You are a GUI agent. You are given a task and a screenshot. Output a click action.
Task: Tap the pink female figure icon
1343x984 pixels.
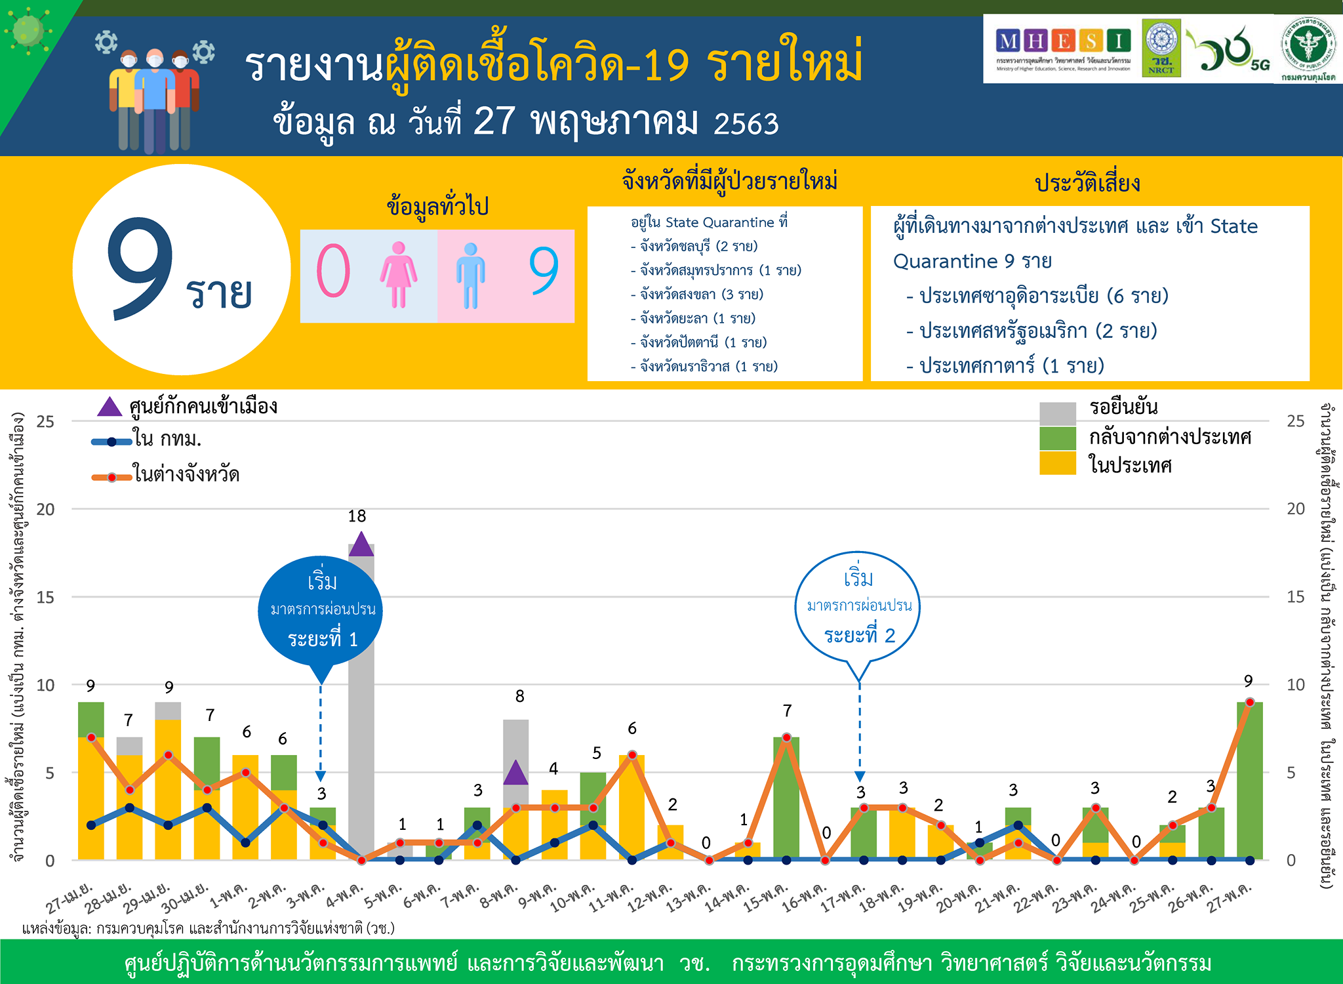[398, 274]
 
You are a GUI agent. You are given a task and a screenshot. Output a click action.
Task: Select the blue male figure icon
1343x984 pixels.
[470, 276]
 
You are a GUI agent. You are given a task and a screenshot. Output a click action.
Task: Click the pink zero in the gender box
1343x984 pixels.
[333, 271]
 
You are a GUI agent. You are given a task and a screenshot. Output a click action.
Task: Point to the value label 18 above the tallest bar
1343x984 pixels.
[357, 516]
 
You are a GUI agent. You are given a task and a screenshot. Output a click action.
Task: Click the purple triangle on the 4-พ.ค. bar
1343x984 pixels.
[361, 545]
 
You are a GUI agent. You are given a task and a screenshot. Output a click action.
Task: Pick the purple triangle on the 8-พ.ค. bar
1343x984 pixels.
[516, 773]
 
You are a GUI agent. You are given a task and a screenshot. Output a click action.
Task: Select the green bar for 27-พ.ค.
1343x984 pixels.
[1249, 781]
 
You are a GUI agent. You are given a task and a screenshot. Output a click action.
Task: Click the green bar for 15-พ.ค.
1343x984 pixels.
[786, 797]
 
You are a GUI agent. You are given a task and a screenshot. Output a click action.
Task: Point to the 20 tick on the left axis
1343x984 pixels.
[45, 509]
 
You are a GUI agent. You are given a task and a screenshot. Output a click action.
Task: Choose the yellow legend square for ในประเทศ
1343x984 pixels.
[1057, 463]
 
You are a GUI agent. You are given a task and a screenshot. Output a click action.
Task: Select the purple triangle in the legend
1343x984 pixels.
[110, 407]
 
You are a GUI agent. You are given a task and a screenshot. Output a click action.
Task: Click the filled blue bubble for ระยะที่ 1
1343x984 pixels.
[321, 610]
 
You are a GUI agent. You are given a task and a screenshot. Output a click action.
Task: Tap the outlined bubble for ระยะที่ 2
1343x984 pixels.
[858, 607]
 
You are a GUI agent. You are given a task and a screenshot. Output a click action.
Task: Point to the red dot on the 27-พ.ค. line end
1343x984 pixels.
[1250, 703]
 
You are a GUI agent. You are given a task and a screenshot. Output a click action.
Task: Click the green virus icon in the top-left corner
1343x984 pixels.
[28, 30]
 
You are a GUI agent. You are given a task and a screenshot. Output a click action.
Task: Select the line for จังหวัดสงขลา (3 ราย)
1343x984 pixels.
[698, 295]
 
